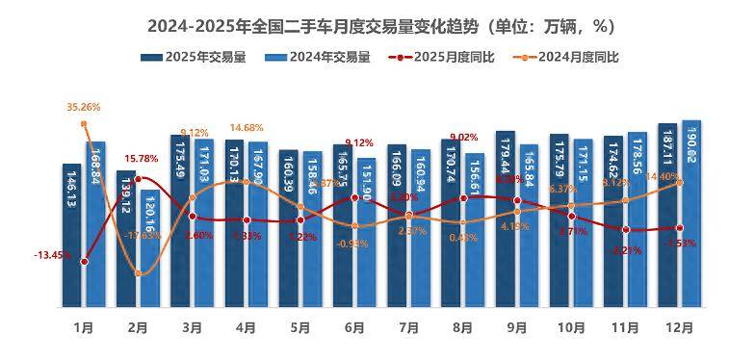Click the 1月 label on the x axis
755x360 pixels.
click(85, 327)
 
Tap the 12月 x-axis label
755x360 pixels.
click(679, 327)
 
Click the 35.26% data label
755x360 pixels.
click(84, 107)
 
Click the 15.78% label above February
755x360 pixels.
click(141, 159)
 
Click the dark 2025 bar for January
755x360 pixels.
click(72, 236)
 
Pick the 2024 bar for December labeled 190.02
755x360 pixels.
click(691, 212)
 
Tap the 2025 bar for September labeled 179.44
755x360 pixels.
click(505, 217)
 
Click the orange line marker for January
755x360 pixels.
click(85, 123)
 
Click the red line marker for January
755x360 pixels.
click(85, 262)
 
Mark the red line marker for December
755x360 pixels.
click(680, 228)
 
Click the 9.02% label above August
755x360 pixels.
click(464, 137)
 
